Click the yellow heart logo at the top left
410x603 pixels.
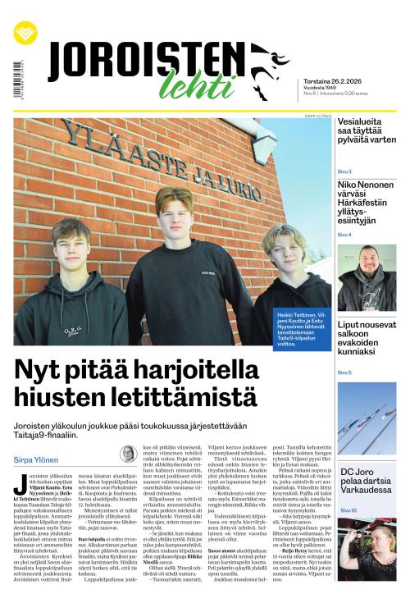pyautogui.click(x=25, y=34)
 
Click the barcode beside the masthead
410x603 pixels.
pyautogui.click(x=18, y=80)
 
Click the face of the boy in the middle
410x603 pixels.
pyautogui.click(x=174, y=211)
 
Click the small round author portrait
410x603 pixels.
pyautogui.click(x=128, y=454)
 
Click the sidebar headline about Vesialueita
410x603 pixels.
pyautogui.click(x=366, y=130)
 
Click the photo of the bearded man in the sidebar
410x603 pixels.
pyautogui.click(x=366, y=278)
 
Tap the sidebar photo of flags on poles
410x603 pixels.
pyautogui.click(x=366, y=418)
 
